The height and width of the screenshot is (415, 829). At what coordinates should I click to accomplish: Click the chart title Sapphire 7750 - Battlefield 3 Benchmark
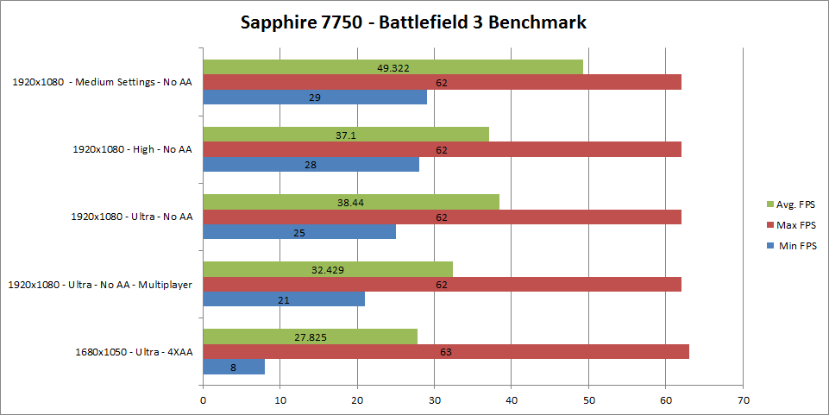[413, 22]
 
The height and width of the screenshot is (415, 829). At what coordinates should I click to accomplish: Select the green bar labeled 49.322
[393, 66]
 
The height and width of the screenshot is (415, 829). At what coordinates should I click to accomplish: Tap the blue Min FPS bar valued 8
[234, 367]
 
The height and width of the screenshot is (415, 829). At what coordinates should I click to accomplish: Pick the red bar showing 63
[446, 351]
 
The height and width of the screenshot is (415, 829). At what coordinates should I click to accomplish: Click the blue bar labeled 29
[315, 97]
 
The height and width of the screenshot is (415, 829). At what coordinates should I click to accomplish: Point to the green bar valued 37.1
[346, 135]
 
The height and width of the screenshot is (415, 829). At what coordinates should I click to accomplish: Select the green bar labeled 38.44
[351, 202]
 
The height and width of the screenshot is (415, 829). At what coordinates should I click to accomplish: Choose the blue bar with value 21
[284, 299]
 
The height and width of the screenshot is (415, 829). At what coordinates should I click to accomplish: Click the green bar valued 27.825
[310, 336]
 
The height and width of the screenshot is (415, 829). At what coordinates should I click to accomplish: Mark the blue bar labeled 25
[299, 232]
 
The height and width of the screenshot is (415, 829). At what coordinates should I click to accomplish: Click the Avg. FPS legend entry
[790, 204]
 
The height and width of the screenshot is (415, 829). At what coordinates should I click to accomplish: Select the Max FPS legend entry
[790, 225]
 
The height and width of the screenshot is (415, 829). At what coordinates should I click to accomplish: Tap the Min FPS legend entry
[790, 246]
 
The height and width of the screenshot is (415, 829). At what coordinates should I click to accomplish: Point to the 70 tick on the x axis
[744, 399]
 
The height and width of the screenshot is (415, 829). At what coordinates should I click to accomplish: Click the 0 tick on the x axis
[203, 399]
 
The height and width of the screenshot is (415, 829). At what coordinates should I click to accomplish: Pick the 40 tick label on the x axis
[512, 399]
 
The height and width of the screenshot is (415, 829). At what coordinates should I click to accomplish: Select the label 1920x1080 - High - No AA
[132, 149]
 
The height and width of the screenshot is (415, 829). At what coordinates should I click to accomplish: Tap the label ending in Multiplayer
[99, 285]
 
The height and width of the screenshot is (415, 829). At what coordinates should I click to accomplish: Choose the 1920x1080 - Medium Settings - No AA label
[102, 83]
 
